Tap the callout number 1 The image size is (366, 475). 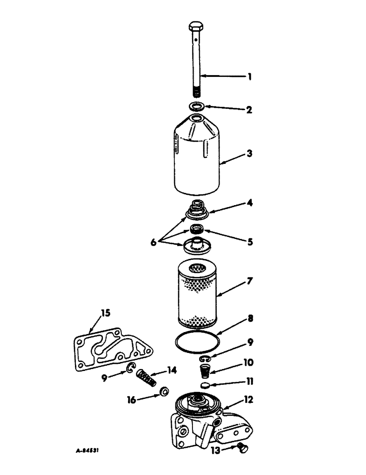click(x=249, y=76)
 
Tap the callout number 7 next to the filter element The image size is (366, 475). click(x=249, y=281)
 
